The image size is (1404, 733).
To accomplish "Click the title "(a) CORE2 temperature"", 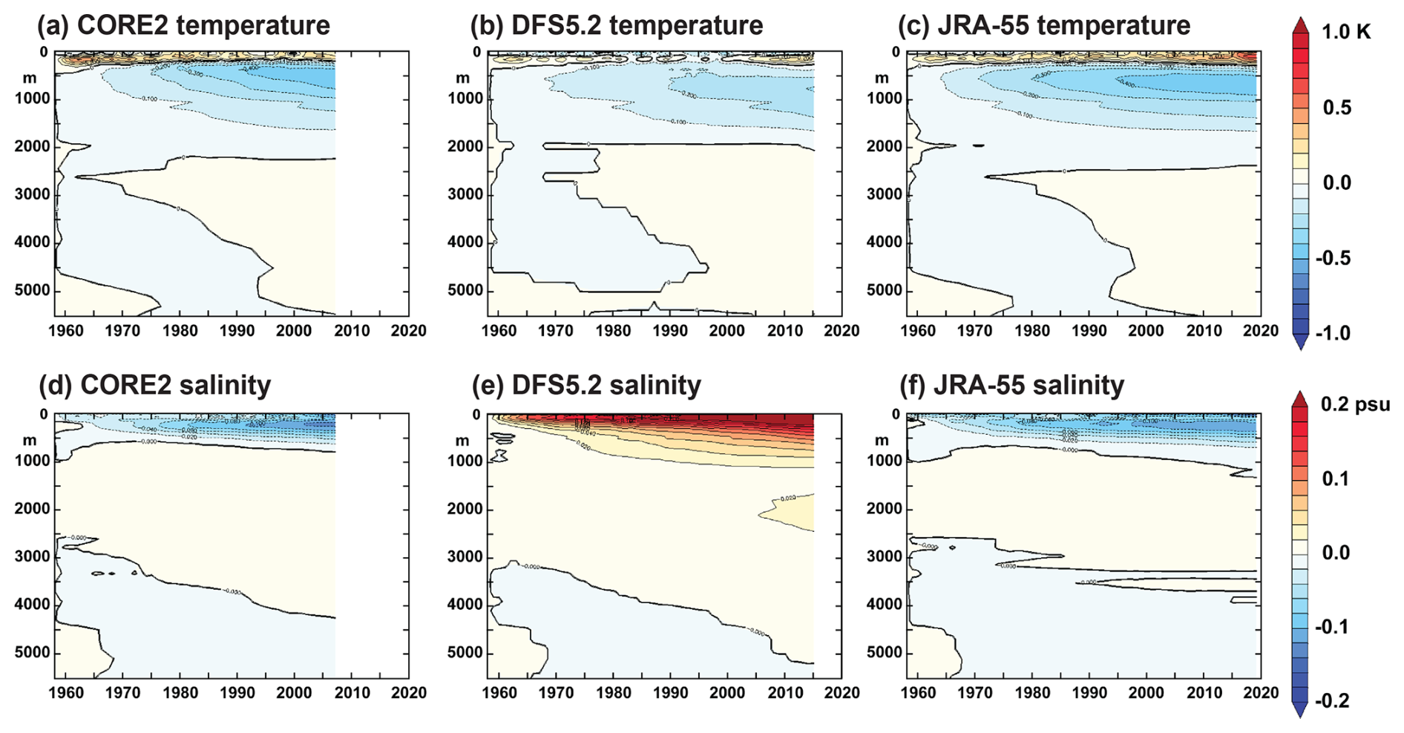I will pos(183,25).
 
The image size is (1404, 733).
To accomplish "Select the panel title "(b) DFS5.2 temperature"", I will pos(616,25).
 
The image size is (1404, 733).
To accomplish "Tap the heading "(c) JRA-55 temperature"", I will pos(1043,25).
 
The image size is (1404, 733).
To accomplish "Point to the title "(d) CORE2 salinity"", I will pos(154,385).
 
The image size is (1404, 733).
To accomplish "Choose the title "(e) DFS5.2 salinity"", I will pos(586,385).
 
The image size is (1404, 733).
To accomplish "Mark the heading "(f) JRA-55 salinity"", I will pos(1011,385).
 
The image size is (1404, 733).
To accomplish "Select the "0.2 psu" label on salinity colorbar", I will pos(1355,404).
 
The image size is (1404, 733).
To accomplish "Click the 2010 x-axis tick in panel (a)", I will pos(351,330).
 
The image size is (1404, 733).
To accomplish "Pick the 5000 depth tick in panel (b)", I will pos(465,290).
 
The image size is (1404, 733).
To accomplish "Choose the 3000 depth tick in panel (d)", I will pos(33,556).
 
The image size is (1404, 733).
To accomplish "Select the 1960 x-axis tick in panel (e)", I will pos(499,693).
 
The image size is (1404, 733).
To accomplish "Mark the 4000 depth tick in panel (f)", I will pos(885,605).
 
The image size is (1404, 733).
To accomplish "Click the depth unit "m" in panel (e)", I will pos(462,441).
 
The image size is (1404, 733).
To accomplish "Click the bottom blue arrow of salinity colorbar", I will pos(1300,711).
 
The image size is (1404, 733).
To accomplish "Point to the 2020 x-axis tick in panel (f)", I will pos(1260,693).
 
